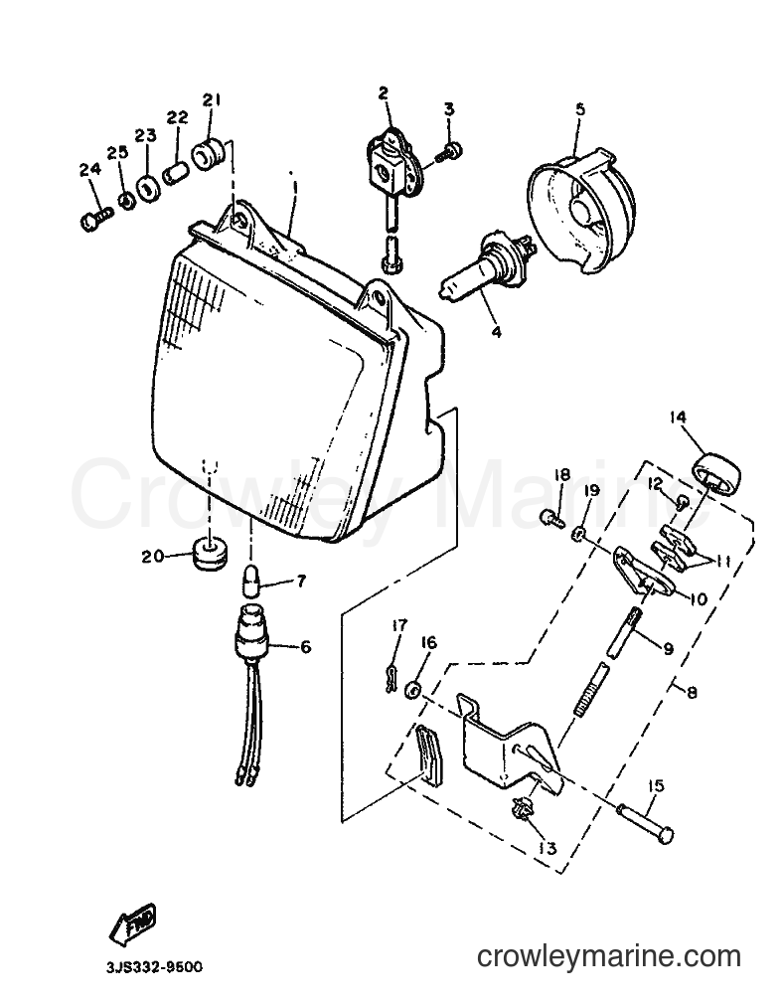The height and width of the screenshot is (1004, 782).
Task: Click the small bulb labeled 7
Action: [251, 581]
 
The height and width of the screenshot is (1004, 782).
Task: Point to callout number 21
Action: [212, 100]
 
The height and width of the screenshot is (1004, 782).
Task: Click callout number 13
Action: [547, 849]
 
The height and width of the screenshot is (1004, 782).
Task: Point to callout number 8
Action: [692, 692]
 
